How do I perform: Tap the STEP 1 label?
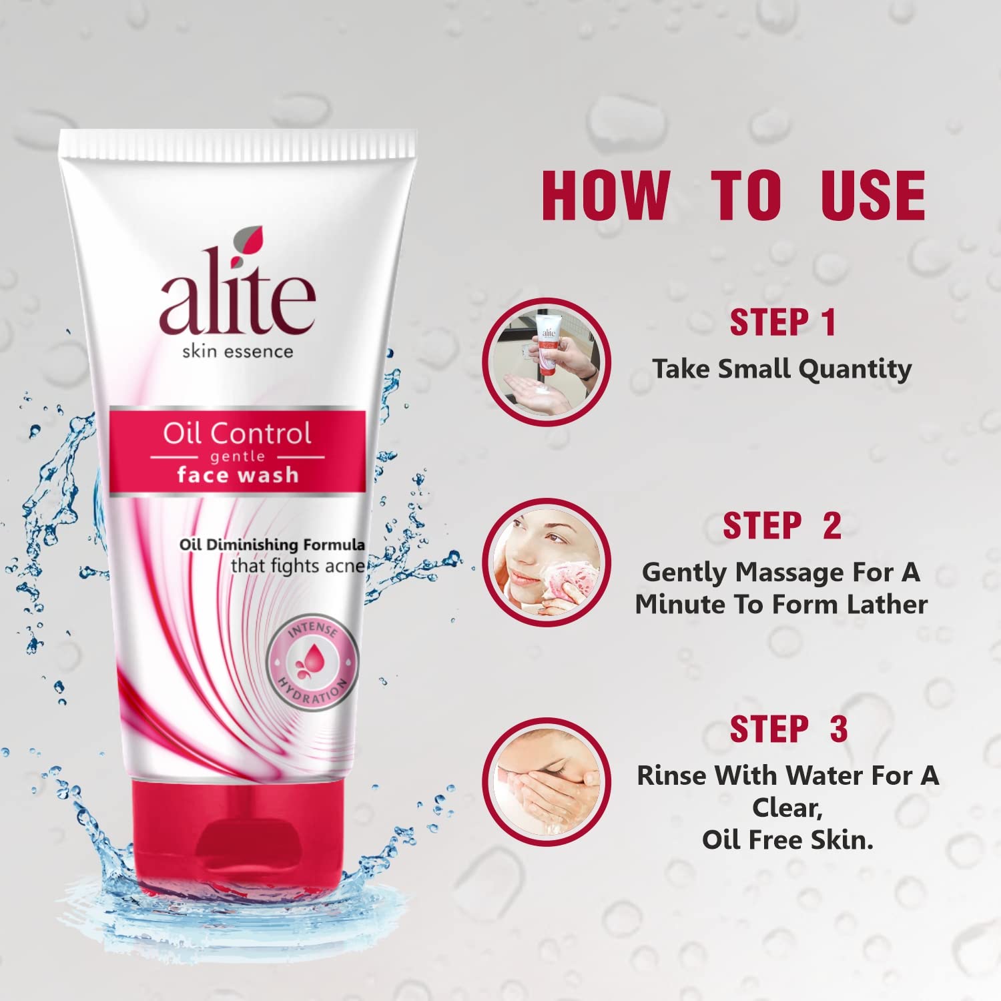click(x=782, y=323)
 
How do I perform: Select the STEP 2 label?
click(x=782, y=526)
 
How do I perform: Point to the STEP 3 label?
click(x=788, y=729)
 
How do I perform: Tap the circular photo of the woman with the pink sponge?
click(x=547, y=563)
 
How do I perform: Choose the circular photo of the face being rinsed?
click(x=547, y=781)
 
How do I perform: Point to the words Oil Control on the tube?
click(x=237, y=434)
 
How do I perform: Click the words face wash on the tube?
click(x=238, y=475)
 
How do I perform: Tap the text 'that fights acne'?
click(x=298, y=566)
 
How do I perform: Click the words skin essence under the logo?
click(x=238, y=351)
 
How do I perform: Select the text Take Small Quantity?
click(x=782, y=369)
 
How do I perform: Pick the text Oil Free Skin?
click(x=787, y=840)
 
